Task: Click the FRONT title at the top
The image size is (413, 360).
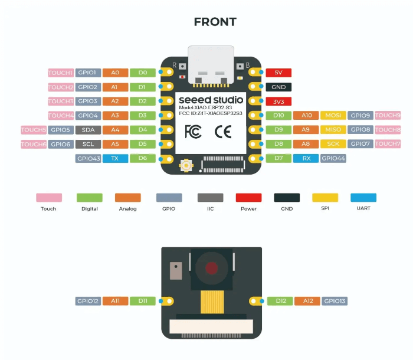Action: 215,22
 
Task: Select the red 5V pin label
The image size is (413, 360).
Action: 278,73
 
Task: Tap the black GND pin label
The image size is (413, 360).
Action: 278,87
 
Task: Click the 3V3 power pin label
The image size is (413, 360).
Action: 278,101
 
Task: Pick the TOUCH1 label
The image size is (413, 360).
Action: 61,73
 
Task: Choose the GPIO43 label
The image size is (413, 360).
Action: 88,158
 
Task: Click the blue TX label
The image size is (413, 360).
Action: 115,158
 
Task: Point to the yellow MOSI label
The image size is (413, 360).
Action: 333,116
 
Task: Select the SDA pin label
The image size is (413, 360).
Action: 88,130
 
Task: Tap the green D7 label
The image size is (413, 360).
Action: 278,158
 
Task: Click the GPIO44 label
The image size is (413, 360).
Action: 333,158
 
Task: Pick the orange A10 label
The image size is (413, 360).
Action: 306,116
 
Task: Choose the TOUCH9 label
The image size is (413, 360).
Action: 388,116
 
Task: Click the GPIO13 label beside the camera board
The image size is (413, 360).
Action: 335,301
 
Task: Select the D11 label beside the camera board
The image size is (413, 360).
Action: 143,301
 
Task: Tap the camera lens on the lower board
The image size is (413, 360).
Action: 211,267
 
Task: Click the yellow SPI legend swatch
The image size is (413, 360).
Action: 325,198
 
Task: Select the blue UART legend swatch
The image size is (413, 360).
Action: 363,198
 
